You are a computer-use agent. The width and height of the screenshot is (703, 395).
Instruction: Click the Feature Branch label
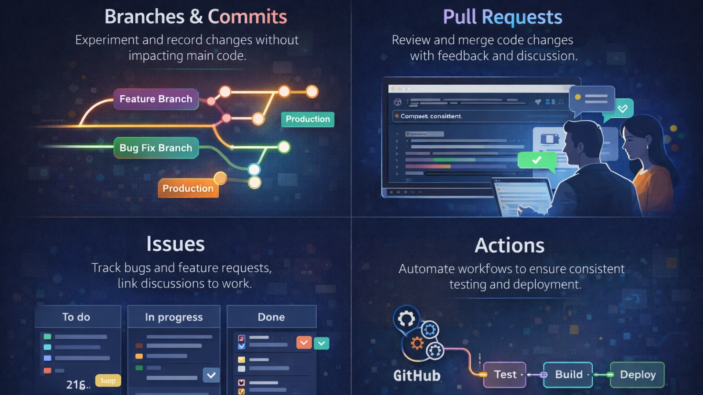(x=156, y=99)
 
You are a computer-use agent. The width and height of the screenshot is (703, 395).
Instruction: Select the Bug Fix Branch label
(x=156, y=148)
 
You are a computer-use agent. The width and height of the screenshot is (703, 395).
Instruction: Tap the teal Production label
(x=308, y=119)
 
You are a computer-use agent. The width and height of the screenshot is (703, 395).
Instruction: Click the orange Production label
(x=188, y=188)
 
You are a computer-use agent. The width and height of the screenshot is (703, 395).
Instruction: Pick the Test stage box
(x=505, y=375)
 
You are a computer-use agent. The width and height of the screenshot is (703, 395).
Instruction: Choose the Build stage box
(x=568, y=375)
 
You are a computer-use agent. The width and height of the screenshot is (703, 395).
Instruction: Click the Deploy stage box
(x=637, y=375)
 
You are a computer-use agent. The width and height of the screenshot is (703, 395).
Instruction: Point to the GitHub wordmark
(x=417, y=376)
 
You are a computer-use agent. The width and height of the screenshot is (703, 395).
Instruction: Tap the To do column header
(x=76, y=317)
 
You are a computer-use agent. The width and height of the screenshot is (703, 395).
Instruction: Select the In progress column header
(x=174, y=317)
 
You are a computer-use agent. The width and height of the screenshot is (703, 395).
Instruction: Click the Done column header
(x=271, y=317)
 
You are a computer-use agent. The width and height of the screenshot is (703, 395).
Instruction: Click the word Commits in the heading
(x=247, y=17)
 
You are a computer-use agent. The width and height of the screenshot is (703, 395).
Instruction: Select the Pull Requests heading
(x=502, y=17)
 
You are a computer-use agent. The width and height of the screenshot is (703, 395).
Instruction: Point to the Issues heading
(x=175, y=244)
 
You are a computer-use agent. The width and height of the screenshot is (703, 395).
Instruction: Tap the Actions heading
(x=509, y=245)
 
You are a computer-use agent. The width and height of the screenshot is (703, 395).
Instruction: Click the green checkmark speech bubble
(x=536, y=161)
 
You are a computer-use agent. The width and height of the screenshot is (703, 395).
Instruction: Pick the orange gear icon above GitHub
(x=417, y=343)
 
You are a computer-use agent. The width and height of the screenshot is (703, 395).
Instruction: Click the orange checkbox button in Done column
(x=304, y=342)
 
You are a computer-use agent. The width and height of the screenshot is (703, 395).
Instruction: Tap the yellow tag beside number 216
(x=108, y=381)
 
